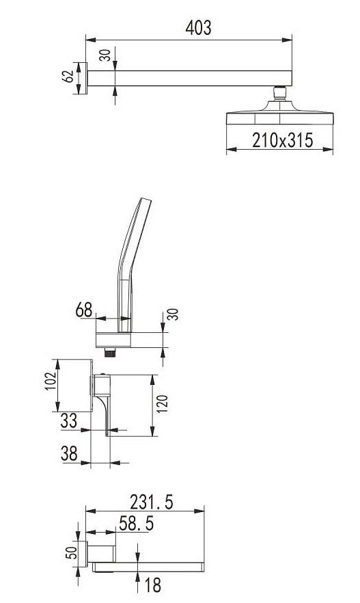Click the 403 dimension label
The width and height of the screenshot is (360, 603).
point(198,27)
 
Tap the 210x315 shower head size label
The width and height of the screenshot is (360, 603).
point(282,140)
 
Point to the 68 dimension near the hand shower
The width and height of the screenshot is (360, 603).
point(84,310)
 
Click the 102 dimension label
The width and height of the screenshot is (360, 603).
point(51,381)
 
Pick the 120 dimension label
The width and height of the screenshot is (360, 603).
point(163,404)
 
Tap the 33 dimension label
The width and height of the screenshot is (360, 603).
point(69,420)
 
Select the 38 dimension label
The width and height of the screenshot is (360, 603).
point(69,454)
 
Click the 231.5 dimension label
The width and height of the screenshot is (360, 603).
point(152,502)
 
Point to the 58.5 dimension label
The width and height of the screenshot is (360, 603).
point(137,524)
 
